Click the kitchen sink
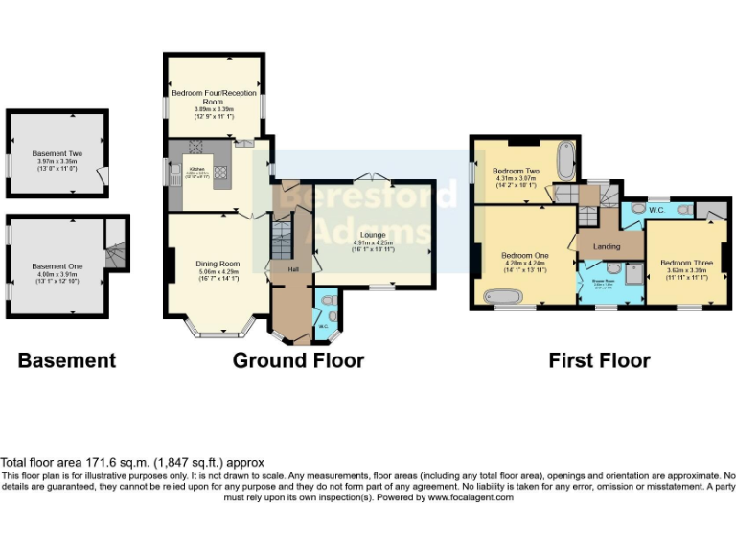pos(176,172)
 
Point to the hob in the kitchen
pos(218,173)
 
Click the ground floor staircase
pos(280,241)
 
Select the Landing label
pos(607,247)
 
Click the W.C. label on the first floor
pos(656,210)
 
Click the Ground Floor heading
pos(298,360)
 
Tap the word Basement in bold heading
pos(67,360)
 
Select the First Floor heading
pos(599,360)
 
